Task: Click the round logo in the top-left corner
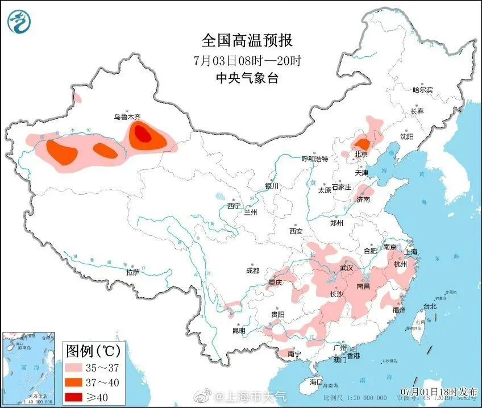(x=19, y=22)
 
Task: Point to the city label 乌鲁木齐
(x=127, y=117)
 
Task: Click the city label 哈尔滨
(x=422, y=90)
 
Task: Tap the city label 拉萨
(x=132, y=273)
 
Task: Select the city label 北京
(x=361, y=154)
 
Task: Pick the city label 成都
(x=252, y=271)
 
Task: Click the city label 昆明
(x=239, y=331)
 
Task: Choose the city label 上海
(x=410, y=252)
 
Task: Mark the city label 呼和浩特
(x=314, y=159)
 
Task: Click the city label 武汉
(x=346, y=267)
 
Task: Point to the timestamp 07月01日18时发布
(x=438, y=392)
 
